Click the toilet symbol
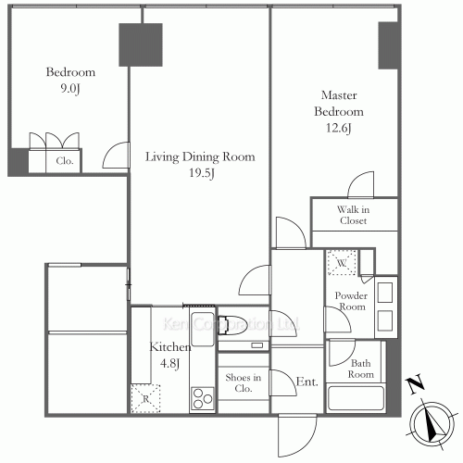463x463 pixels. (232, 325)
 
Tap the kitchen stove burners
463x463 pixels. (203, 398)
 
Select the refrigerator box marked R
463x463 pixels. (145, 398)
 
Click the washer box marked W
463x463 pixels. (342, 263)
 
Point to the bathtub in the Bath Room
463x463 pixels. (356, 398)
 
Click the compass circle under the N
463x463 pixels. (432, 423)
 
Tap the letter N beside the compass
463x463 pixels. (416, 383)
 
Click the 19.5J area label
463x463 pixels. (202, 173)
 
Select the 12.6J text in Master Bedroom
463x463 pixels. (339, 128)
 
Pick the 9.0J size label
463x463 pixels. (70, 89)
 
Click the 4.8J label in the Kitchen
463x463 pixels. (169, 363)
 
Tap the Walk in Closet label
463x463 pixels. (353, 215)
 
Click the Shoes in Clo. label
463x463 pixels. (244, 382)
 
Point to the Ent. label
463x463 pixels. (307, 382)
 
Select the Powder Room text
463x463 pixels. (351, 301)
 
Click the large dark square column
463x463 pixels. (141, 44)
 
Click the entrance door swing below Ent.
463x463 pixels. (297, 435)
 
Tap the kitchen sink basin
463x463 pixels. (203, 329)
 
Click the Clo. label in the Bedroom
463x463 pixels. (65, 161)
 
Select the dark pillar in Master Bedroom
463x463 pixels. (388, 45)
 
